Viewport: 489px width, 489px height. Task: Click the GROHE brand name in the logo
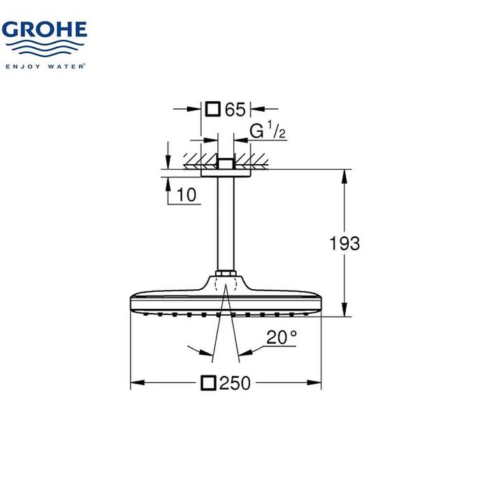coord(44,30)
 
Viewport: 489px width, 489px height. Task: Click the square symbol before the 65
coord(214,109)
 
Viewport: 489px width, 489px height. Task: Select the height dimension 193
coord(344,243)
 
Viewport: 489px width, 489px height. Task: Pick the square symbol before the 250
coord(208,383)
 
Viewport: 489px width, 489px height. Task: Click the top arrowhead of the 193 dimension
coord(344,175)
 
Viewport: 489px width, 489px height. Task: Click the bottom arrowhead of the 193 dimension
coord(344,311)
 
